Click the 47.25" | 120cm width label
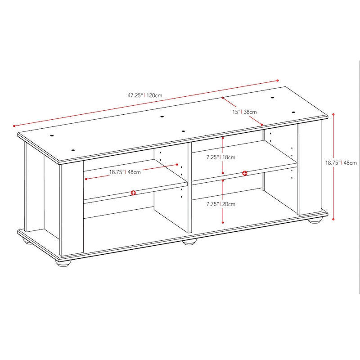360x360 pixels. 144,95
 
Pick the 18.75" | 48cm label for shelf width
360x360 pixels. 125,171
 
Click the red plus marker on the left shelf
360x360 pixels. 134,193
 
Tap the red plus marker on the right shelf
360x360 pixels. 244,173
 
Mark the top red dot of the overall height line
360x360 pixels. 333,115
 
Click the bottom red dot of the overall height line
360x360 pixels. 333,219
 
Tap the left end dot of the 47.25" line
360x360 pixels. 14,126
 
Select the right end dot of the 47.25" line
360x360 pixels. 278,81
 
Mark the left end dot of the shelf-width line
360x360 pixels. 85,179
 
